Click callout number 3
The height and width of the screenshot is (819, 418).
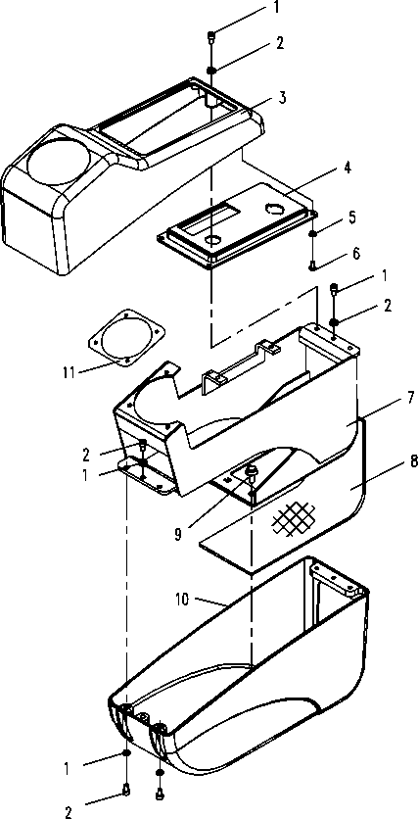pos(282,98)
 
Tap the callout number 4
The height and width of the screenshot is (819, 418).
pos(348,169)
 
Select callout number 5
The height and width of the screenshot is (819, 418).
pos(352,217)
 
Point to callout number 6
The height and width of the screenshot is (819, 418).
pos(356,254)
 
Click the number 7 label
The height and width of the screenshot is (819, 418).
pos(411,399)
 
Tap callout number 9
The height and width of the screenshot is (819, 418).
pos(178,535)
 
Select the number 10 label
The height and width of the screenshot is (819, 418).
pos(183,601)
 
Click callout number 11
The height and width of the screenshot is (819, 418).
pos(69,372)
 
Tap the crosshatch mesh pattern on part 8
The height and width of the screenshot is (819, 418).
pos(294,520)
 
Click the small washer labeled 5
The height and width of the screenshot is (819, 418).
pos(312,233)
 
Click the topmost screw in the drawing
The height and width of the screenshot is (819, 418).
pos(211,37)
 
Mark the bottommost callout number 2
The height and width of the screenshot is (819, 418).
pos(68,812)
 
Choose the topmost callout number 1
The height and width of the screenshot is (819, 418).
pos(277,7)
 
